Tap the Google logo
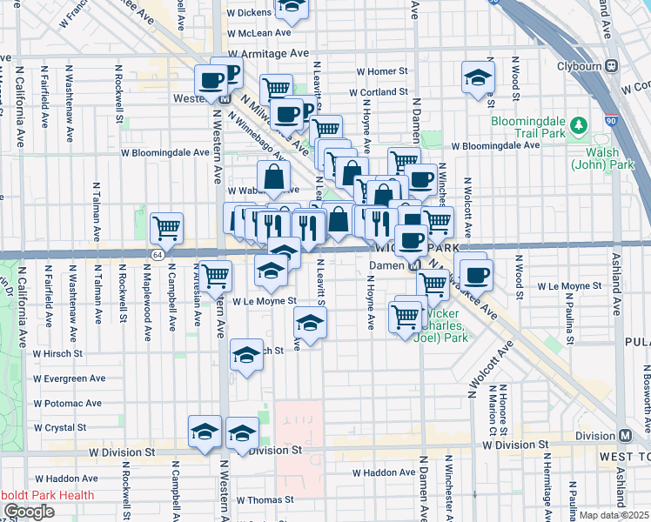[29, 511]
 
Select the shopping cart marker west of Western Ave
[166, 229]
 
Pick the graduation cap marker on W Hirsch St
[247, 356]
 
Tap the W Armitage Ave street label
[269, 53]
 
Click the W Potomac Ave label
[69, 404]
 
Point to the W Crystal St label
[59, 427]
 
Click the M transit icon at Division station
[625, 436]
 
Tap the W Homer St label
[382, 71]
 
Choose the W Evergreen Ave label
[69, 378]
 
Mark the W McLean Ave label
[258, 32]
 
